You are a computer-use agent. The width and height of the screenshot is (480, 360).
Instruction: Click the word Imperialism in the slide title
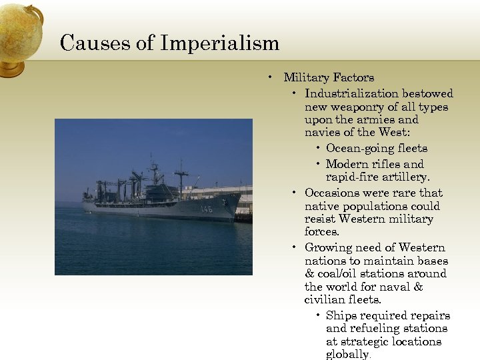[x=219, y=43]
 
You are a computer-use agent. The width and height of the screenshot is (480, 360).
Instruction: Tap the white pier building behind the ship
[x=220, y=193]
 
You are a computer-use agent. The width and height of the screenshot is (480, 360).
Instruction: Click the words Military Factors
[x=329, y=77]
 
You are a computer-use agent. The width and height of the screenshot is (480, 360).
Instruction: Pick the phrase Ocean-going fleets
[x=377, y=148]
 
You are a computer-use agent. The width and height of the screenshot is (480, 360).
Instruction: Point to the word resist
[x=320, y=219]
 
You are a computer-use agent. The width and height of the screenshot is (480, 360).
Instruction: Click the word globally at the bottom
[x=347, y=355]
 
